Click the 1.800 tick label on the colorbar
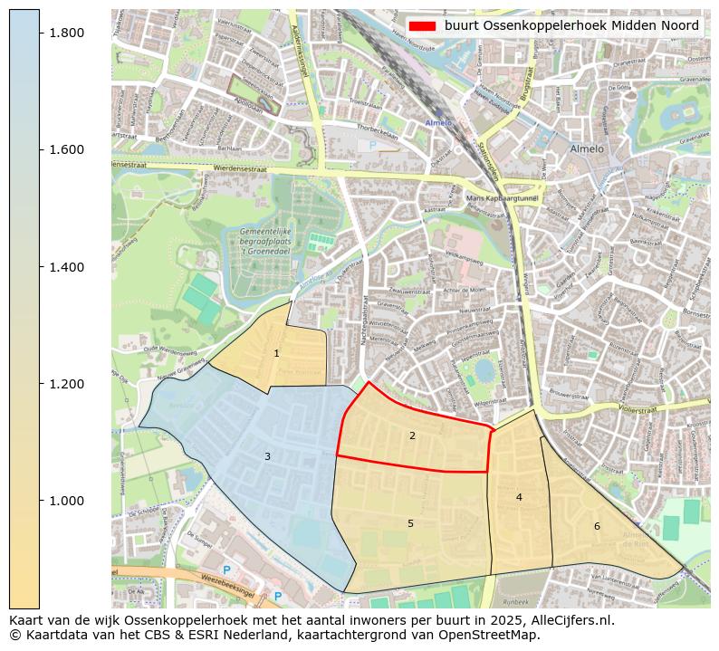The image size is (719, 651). (66, 33)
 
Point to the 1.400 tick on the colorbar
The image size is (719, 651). (66, 267)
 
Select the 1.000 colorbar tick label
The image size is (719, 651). (66, 501)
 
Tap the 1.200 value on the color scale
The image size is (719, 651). (66, 384)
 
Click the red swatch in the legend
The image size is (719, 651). (422, 25)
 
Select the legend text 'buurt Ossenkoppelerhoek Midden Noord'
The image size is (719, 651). (570, 25)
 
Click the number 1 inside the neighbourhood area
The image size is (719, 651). (276, 354)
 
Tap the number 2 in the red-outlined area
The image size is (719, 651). (412, 436)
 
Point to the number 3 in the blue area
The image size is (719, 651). (267, 456)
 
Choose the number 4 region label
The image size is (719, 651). (519, 497)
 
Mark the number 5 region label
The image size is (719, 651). (410, 523)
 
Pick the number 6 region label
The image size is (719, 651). (597, 526)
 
